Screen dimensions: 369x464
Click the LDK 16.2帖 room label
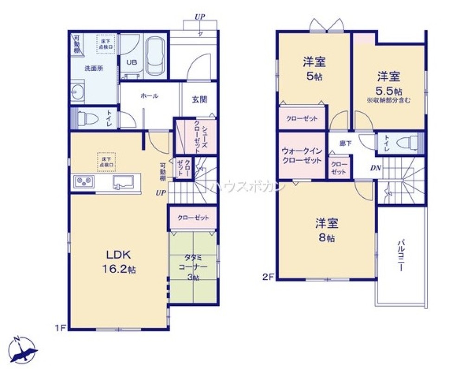pos(120,261)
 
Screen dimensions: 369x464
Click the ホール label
pos(149,96)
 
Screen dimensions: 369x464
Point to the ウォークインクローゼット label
pos(302,156)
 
